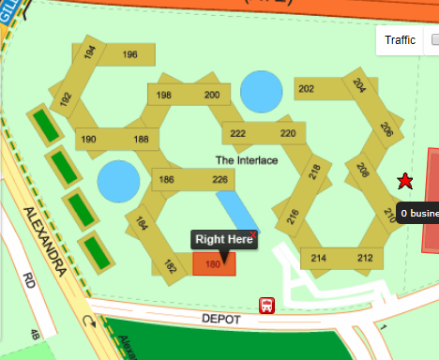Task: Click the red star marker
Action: click(x=404, y=181)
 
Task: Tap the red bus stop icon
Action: click(x=267, y=306)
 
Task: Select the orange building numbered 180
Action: click(x=214, y=264)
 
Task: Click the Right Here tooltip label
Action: click(x=224, y=240)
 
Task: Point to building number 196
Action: click(x=130, y=55)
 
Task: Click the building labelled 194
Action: click(x=90, y=53)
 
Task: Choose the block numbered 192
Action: click(x=66, y=98)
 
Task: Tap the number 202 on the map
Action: click(x=306, y=89)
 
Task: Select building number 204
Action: click(x=359, y=85)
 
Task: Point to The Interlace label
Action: click(x=247, y=160)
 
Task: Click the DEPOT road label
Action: click(x=222, y=320)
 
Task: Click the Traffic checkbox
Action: click(x=434, y=40)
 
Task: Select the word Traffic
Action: click(x=400, y=40)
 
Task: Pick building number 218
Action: click(x=314, y=172)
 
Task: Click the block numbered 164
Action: click(x=142, y=224)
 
